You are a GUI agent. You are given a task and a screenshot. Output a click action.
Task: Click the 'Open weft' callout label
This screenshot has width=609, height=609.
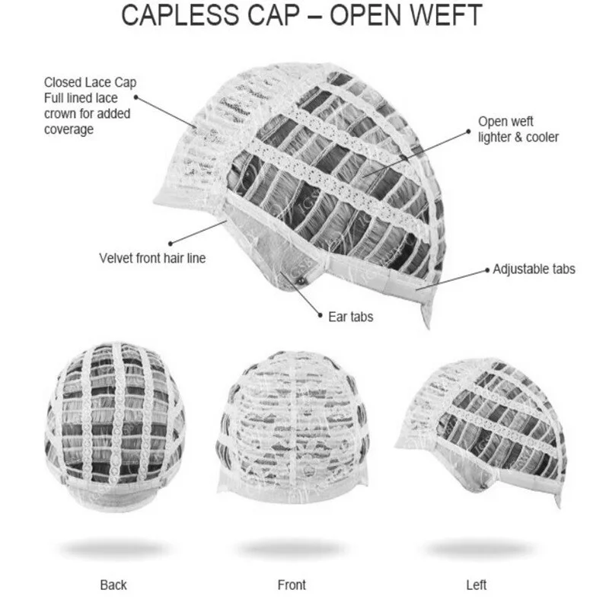point(505,122)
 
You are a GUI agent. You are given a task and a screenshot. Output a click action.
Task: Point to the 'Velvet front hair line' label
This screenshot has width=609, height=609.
point(152,258)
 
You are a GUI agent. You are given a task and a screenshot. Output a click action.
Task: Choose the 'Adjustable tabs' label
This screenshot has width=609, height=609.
point(534,269)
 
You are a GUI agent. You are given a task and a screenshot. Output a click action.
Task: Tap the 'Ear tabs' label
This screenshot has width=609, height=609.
point(350,316)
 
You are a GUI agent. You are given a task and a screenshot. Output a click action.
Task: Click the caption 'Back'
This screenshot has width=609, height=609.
point(113,585)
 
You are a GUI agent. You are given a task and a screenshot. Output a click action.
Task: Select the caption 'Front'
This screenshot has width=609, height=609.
point(292,585)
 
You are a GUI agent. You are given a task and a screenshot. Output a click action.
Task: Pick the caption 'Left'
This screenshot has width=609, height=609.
point(477,585)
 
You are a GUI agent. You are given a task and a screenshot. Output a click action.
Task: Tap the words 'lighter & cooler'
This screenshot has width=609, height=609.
point(518,138)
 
